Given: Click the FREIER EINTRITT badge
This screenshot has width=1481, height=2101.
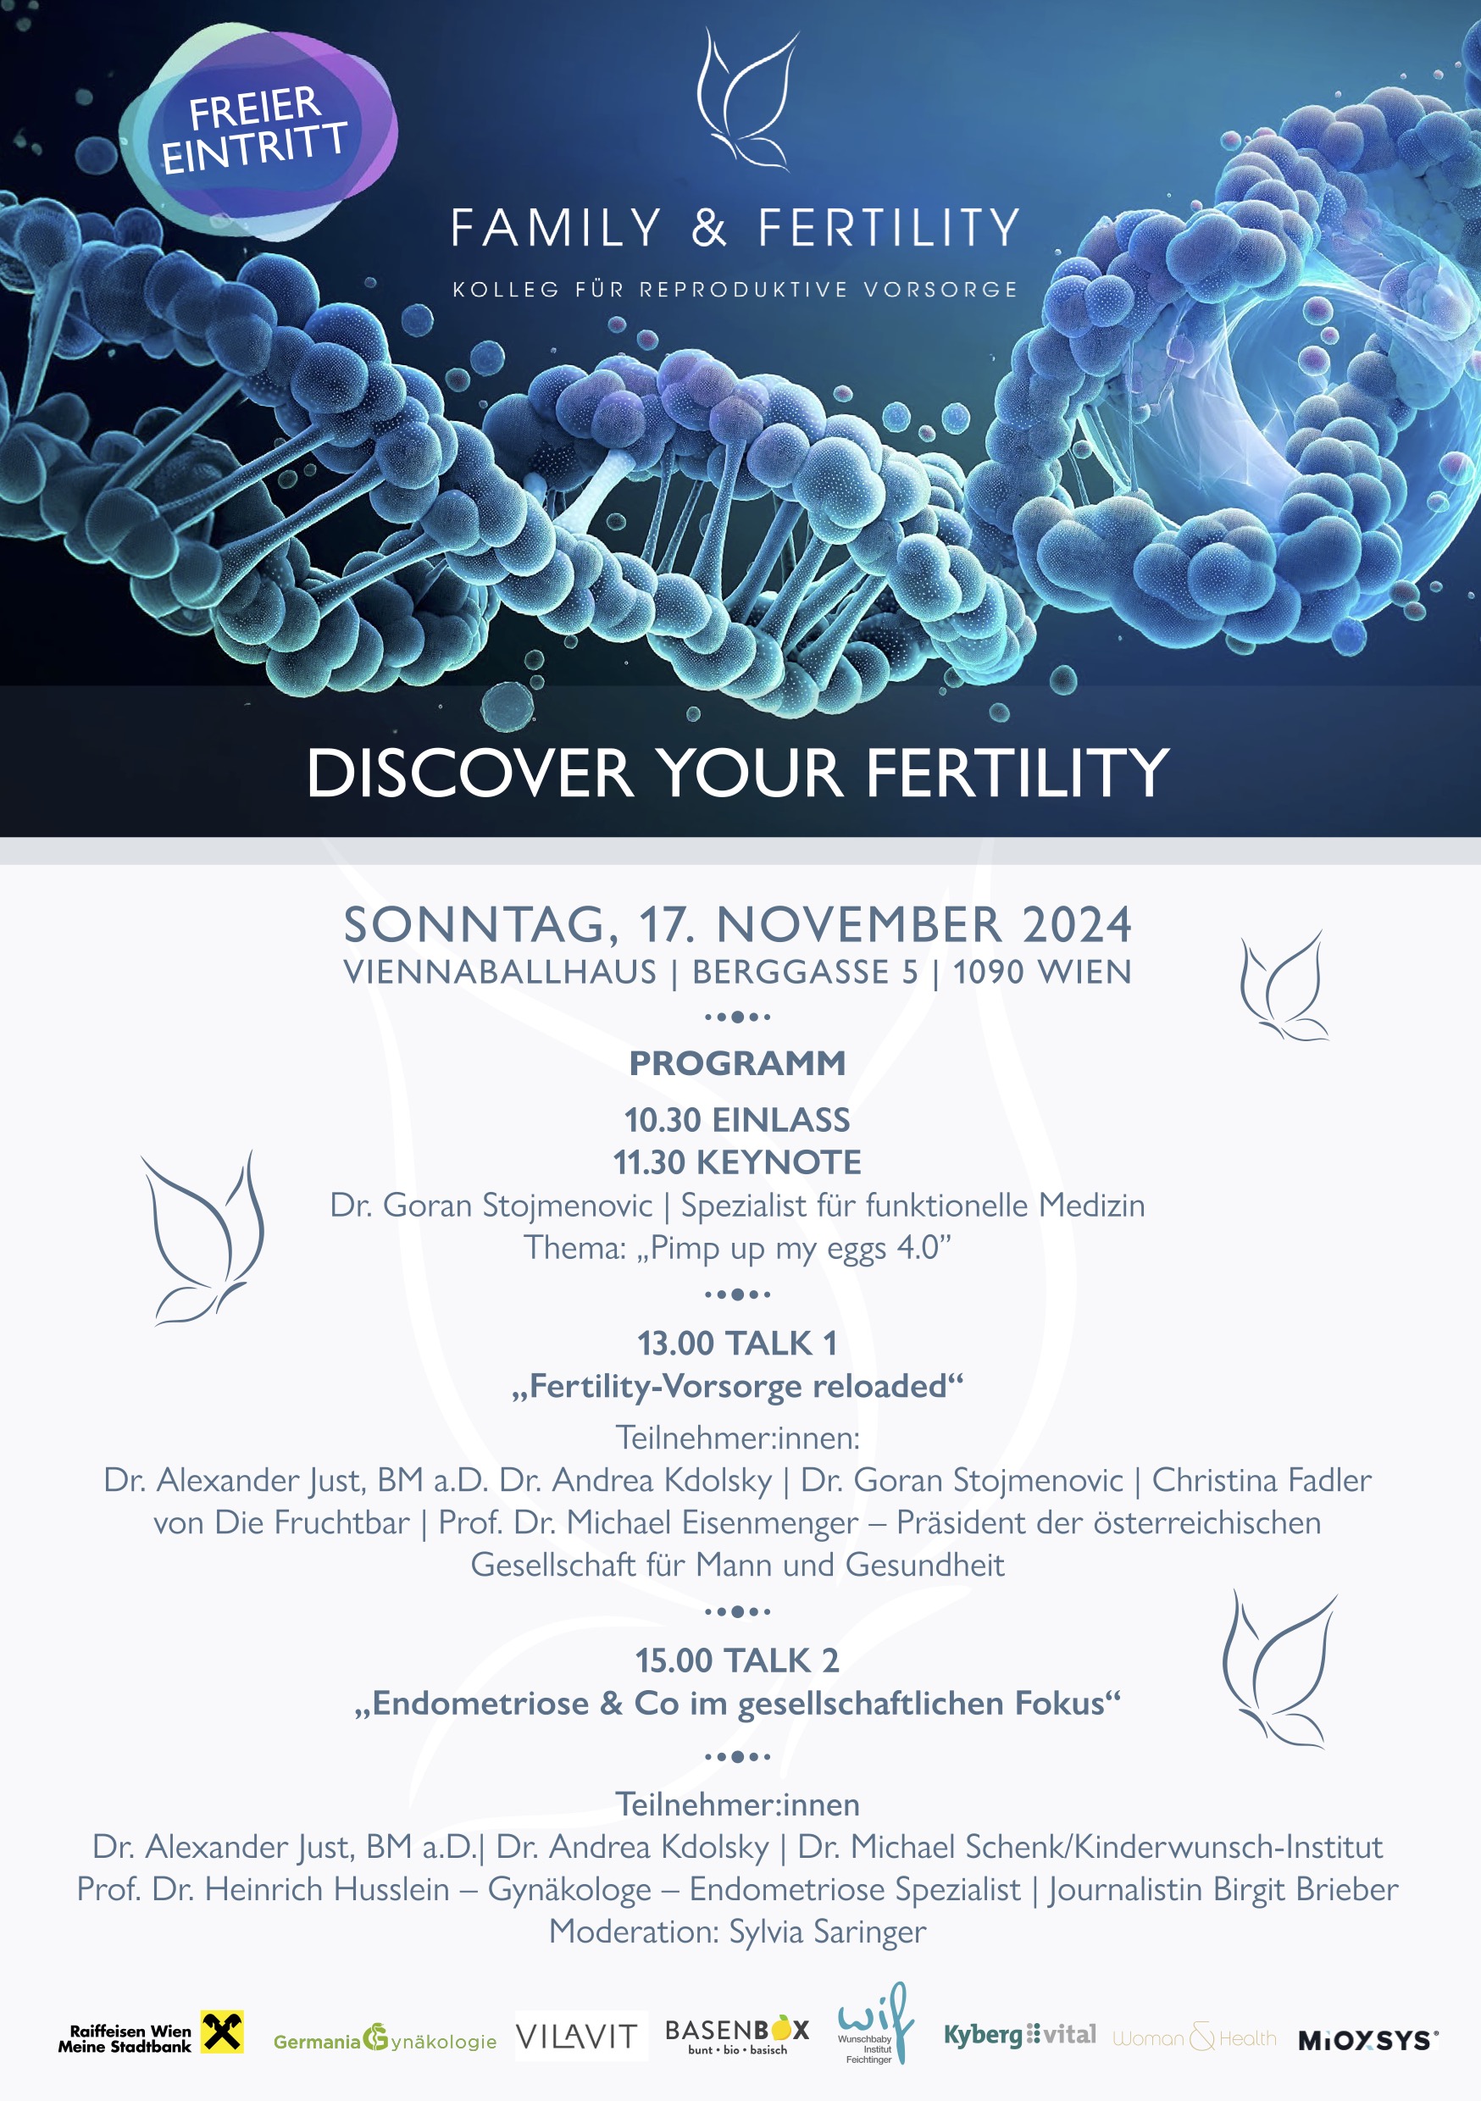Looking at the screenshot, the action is coord(258,130).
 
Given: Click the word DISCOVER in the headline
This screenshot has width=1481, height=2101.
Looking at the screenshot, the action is coord(469,773).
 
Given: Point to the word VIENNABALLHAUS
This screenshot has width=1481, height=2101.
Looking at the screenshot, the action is coord(500,972).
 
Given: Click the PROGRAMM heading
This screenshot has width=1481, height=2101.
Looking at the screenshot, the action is coord(738,1063).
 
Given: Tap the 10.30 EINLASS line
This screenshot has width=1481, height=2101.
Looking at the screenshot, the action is coord(738,1120).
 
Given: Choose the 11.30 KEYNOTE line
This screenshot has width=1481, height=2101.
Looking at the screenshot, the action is coord(738,1162).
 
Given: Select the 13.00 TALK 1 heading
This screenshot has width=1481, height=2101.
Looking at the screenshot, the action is coord(738,1344).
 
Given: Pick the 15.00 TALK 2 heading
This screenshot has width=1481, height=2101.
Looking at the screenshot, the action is coord(738,1660).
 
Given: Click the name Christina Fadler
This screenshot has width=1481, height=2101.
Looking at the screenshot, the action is coord(1262,1480).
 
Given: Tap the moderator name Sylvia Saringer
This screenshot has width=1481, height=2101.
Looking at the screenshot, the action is coord(828,1931).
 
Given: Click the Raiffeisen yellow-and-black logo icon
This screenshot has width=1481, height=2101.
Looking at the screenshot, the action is coord(223,2032).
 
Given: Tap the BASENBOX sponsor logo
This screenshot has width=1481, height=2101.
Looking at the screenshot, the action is coord(738,2034).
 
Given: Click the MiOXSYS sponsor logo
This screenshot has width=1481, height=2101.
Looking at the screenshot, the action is coord(1368,2040).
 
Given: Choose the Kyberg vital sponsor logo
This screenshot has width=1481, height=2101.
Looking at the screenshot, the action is coord(1020,2035).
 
